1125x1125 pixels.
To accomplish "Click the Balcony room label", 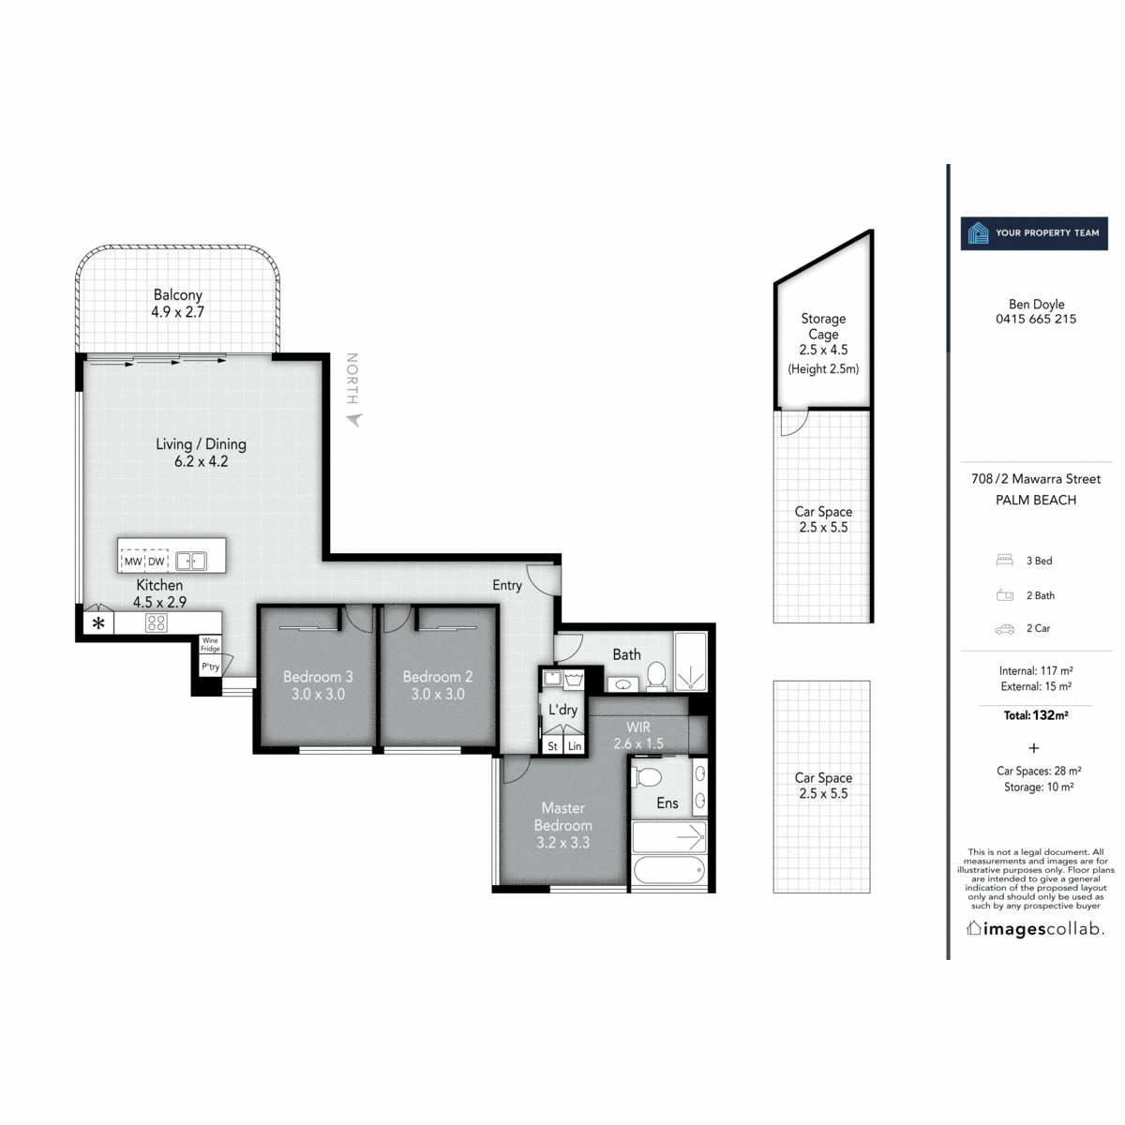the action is (177, 294).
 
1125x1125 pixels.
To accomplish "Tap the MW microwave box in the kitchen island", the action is (132, 561).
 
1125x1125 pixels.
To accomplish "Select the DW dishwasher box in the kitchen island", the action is (156, 561).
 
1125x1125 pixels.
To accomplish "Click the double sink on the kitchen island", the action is (191, 561).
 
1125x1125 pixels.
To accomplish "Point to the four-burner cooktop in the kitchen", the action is (156, 622).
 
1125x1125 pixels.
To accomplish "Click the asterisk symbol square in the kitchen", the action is (98, 622).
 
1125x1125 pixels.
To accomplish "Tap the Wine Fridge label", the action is (210, 644).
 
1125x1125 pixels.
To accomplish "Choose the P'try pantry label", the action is (210, 667).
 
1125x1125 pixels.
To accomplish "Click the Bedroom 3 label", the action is (318, 676).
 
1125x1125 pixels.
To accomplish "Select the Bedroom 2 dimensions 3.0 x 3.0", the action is (437, 694).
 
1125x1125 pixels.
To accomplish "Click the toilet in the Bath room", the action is (657, 676).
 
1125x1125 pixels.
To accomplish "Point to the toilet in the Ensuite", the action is (647, 777).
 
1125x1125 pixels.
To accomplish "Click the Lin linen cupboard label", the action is (575, 746).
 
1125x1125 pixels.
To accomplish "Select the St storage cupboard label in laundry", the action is (552, 746).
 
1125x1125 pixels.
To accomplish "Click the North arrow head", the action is (354, 419).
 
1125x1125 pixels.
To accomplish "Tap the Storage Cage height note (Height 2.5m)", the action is (823, 368).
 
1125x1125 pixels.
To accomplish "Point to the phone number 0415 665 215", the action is (1036, 319).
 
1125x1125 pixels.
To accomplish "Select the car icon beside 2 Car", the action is (1004, 629).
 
